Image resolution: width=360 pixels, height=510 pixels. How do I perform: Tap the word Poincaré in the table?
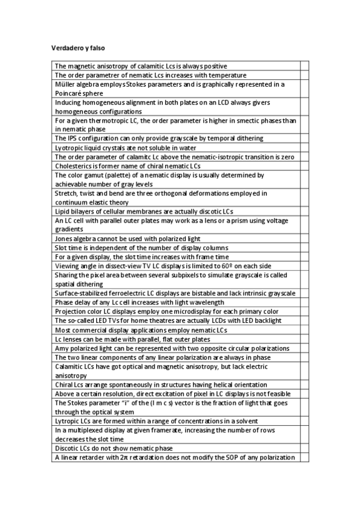click(70, 94)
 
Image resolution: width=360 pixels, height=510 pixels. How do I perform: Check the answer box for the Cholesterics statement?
click(304, 165)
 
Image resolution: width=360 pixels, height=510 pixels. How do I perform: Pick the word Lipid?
click(61, 211)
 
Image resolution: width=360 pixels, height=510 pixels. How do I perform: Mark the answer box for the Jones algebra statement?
click(304, 238)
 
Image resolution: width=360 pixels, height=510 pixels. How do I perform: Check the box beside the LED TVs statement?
click(304, 320)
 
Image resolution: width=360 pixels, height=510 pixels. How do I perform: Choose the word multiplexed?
click(79, 430)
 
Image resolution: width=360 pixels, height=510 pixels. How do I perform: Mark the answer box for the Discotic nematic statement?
click(304, 448)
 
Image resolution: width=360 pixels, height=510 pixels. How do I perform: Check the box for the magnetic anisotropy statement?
click(304, 66)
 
